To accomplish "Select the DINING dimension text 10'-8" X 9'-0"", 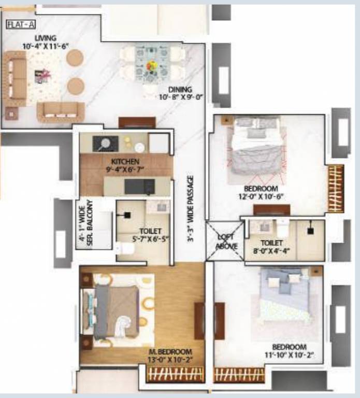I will [180, 97].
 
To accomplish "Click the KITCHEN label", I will [125, 161].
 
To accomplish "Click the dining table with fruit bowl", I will [152, 66].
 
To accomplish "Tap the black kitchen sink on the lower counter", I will [140, 186].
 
